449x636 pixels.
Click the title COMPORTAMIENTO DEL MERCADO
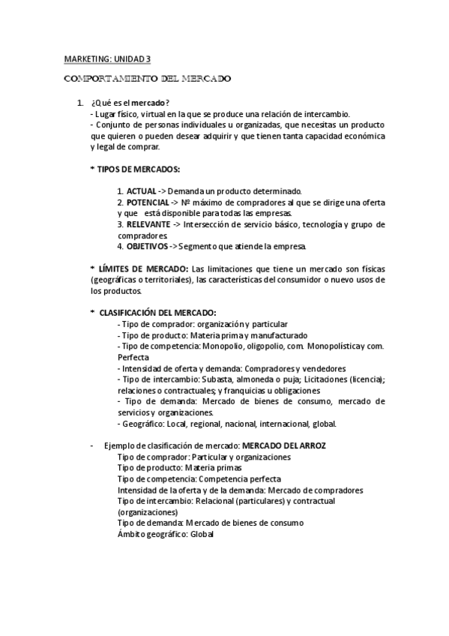pyautogui.click(x=147, y=77)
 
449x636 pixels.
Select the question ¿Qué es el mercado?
pyautogui.click(x=130, y=103)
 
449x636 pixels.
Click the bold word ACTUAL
pyautogui.click(x=142, y=192)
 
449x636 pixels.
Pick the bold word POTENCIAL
pyautogui.click(x=148, y=202)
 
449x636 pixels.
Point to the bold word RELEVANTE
pyautogui.click(x=148, y=224)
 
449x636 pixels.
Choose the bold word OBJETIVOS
pyautogui.click(x=146, y=246)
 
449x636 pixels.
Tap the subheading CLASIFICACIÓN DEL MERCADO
pyautogui.click(x=157, y=312)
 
